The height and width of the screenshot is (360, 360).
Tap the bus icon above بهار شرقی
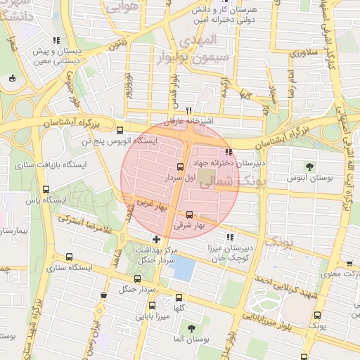(189, 214)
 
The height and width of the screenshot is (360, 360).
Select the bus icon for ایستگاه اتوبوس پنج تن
(119, 130)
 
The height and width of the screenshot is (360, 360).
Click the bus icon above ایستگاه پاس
(46, 189)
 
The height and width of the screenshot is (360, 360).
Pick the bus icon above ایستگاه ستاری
(68, 257)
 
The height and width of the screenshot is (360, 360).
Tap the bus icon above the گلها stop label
(179, 297)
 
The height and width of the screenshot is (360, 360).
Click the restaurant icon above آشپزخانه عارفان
(188, 111)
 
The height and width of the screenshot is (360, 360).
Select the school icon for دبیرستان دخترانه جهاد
(228, 151)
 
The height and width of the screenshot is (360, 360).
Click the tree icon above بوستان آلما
(191, 328)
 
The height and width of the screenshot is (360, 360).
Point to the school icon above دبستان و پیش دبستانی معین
(56, 40)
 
